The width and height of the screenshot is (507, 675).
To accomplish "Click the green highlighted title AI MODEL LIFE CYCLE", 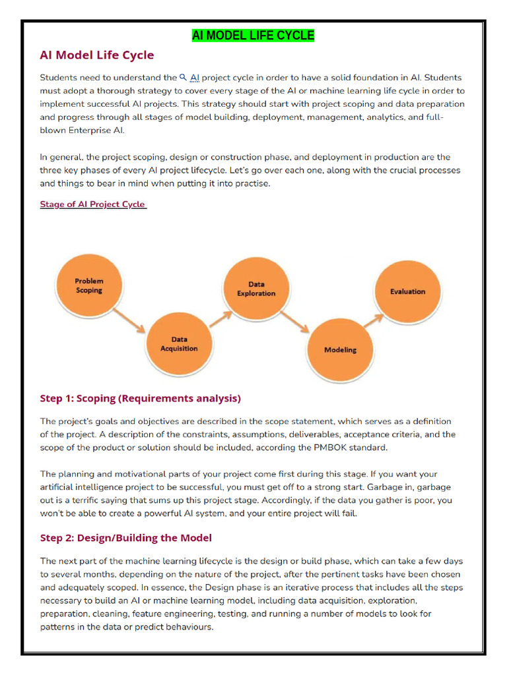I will [253, 35].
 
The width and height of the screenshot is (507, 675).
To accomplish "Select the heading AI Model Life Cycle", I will [97, 55].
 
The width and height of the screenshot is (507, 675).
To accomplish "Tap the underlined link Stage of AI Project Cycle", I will [92, 204].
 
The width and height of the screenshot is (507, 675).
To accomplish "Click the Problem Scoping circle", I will [89, 285].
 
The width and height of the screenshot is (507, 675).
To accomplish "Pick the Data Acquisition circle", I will [178, 343].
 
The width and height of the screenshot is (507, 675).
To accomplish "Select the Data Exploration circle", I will [256, 289].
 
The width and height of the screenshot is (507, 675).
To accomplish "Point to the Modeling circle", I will [340, 349].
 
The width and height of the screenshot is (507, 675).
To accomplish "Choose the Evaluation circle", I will [407, 291].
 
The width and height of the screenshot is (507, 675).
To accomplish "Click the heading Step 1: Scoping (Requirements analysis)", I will [140, 398].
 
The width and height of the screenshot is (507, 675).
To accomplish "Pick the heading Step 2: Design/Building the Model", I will [125, 538].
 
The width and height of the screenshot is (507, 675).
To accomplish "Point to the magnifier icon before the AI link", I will [184, 77].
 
